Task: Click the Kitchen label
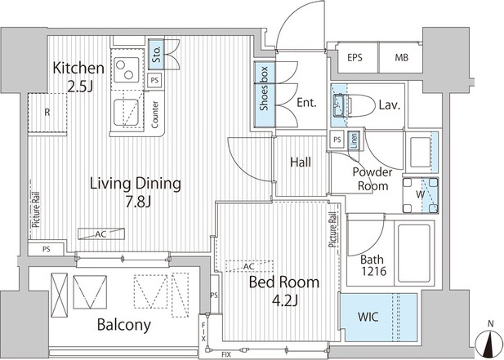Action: (x=78, y=68)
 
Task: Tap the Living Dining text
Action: (x=136, y=184)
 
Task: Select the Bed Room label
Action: (x=284, y=282)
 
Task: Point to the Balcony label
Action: (x=124, y=325)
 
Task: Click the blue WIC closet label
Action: (x=368, y=317)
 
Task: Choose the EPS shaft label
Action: (x=355, y=58)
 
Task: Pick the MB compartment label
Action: (x=401, y=58)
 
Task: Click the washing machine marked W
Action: (x=421, y=194)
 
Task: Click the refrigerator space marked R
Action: (x=47, y=113)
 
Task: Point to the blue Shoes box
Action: (x=265, y=94)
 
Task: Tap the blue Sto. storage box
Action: (x=156, y=54)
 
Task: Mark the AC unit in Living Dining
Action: (x=101, y=233)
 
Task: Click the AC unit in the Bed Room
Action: (x=249, y=266)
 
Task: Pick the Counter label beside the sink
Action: (x=155, y=114)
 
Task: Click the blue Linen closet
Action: (x=354, y=140)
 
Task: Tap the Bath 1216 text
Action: (x=372, y=265)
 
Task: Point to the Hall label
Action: (x=301, y=162)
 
